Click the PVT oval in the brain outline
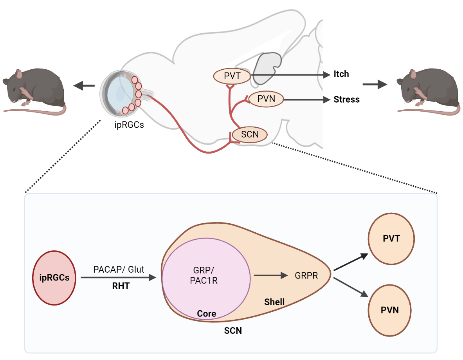(232, 76)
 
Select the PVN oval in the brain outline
(266, 99)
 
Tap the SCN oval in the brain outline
(250, 135)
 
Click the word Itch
(341, 74)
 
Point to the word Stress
(346, 99)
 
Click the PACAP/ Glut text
(119, 270)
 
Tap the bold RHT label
(121, 286)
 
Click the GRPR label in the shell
(306, 276)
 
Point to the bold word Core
(206, 314)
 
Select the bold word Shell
(274, 302)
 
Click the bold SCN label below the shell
(233, 331)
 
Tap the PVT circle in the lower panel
(391, 239)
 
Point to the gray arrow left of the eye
(84, 85)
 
